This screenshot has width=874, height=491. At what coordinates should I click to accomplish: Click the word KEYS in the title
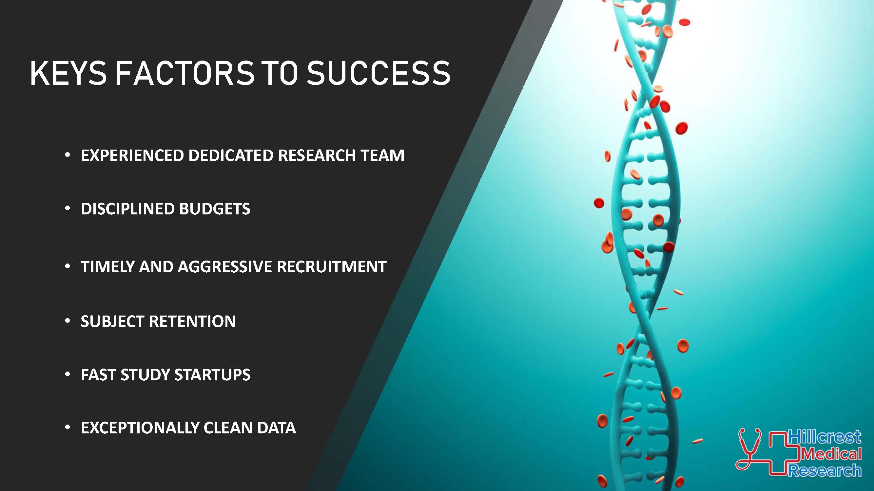[x=68, y=73]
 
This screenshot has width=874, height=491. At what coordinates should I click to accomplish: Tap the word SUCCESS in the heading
[x=378, y=73]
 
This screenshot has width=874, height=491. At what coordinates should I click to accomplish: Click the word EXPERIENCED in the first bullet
[x=132, y=155]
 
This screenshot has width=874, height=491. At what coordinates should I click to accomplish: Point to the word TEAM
[x=382, y=155]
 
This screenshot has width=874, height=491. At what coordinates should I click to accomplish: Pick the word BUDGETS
[x=215, y=209]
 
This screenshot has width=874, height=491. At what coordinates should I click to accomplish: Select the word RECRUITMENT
[x=332, y=267]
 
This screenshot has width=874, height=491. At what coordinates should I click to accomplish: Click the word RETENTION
[x=192, y=321]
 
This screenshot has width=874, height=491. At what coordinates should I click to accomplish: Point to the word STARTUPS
[x=212, y=375]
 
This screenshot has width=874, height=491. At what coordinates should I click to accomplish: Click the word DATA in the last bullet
[x=277, y=428]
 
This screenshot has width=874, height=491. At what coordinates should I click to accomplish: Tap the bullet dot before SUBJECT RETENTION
[x=68, y=320]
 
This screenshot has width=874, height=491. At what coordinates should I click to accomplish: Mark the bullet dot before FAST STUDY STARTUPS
[x=68, y=374]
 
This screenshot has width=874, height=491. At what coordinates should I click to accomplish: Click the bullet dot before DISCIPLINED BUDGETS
[x=68, y=208]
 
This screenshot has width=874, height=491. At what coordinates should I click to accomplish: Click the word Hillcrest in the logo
[x=825, y=437]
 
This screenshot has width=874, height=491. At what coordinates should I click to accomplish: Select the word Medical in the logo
[x=831, y=454]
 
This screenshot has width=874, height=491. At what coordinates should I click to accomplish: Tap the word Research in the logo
[x=825, y=471]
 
